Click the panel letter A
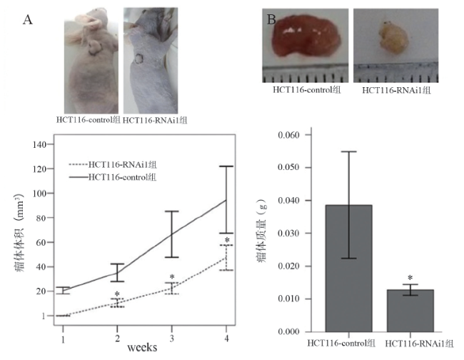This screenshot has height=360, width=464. (28, 20)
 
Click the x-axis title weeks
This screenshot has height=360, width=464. (143, 347)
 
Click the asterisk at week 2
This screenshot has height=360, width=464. (117, 294)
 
